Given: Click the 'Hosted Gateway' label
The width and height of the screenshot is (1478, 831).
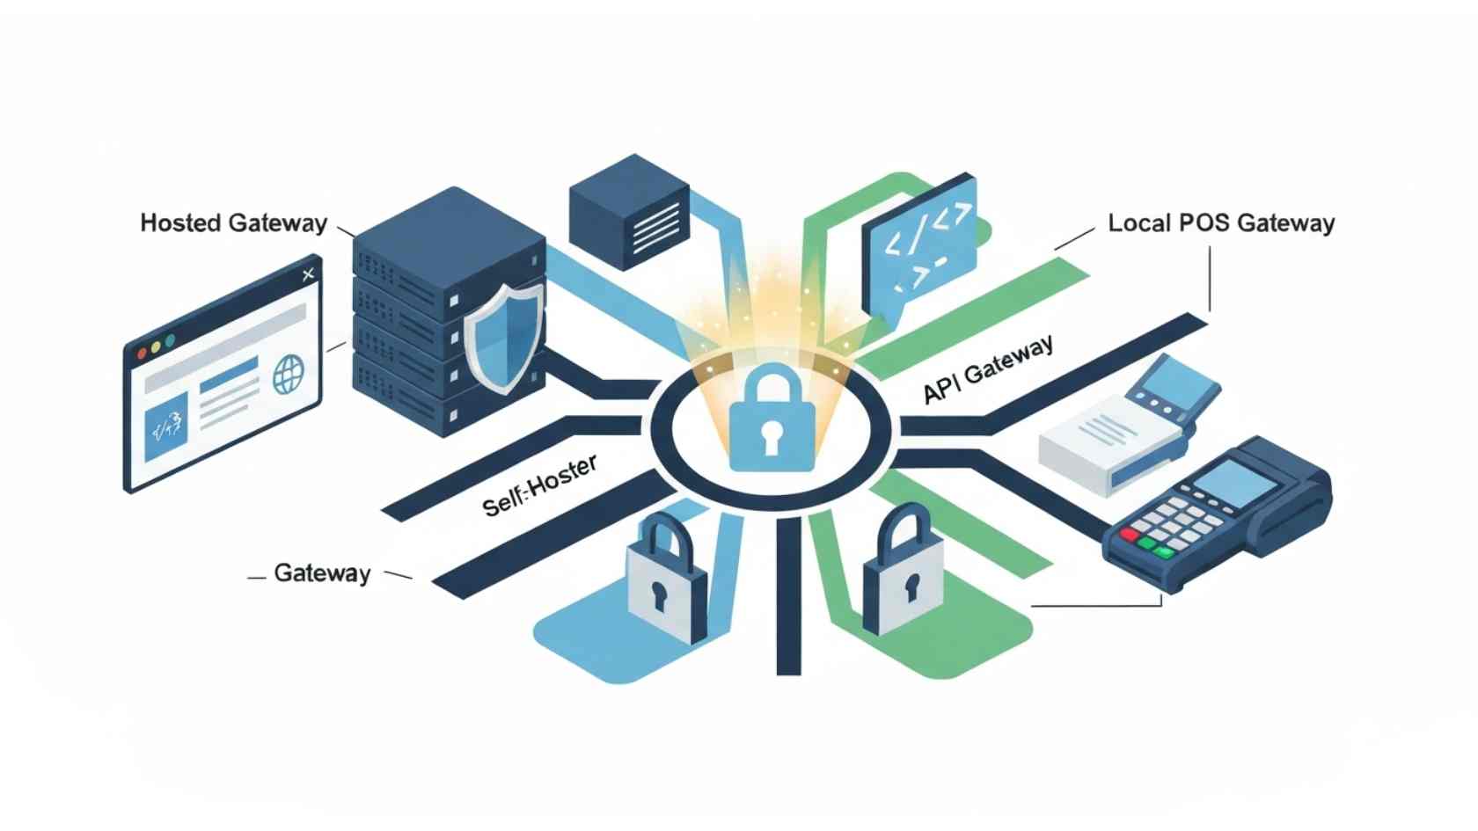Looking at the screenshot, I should [x=233, y=223].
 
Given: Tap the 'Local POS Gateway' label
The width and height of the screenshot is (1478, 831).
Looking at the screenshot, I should [x=1221, y=223].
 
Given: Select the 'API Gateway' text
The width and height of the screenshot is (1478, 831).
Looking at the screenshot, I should [x=987, y=370].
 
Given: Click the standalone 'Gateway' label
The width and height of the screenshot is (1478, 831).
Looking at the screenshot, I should [x=322, y=573].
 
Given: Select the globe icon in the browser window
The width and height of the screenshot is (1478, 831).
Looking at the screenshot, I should [x=288, y=375].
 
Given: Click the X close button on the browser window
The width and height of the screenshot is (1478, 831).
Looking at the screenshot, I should [x=308, y=275].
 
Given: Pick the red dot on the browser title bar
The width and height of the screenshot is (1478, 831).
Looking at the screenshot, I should [x=142, y=354].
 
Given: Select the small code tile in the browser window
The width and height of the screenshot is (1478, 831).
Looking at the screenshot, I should [x=166, y=427].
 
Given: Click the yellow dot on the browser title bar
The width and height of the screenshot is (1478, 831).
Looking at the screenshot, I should [x=156, y=347].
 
